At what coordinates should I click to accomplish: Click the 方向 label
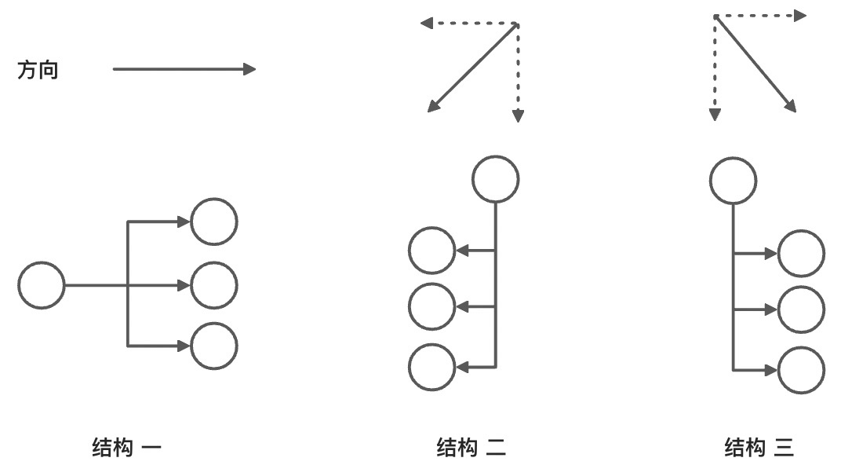[x=38, y=71]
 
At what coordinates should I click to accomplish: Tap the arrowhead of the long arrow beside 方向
[x=249, y=69]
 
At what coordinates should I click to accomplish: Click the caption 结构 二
[x=471, y=449]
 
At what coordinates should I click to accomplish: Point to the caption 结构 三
[x=759, y=449]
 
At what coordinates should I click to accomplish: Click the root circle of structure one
[x=41, y=286]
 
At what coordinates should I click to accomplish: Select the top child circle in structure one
[x=213, y=222]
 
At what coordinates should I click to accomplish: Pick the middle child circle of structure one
[x=213, y=286]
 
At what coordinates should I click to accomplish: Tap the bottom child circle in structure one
[x=213, y=346]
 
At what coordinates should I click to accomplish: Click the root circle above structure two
[x=495, y=180]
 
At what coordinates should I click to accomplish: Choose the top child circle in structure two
[x=431, y=251]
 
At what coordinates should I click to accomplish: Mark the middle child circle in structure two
[x=431, y=306]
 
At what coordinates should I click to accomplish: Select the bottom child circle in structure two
[x=431, y=367]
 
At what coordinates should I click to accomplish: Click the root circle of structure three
[x=733, y=181]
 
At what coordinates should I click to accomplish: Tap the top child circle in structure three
[x=801, y=254]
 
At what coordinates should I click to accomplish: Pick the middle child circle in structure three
[x=801, y=310]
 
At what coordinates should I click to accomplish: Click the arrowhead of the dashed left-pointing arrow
[x=426, y=23]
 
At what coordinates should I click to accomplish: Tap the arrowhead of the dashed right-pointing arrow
[x=800, y=15]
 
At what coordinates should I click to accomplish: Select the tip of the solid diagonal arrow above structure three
[x=792, y=108]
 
